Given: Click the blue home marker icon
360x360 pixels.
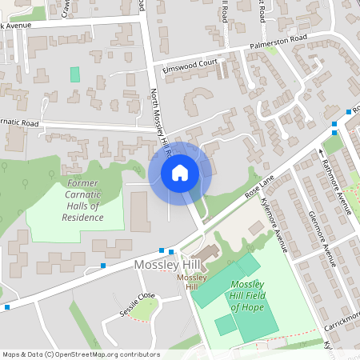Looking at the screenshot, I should tap(180, 173).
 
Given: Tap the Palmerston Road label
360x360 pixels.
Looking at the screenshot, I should tap(277, 39).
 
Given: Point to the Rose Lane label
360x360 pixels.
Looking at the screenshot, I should tap(254, 190).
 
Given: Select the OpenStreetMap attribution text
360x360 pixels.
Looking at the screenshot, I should tap(81, 354).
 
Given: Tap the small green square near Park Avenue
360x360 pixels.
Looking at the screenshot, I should tap(75, 74).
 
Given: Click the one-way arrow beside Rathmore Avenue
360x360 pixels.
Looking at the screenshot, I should tap(322, 152).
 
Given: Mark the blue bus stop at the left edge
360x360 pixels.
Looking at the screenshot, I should tap(7, 306).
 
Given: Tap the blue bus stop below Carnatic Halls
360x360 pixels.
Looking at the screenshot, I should tap(103, 266).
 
